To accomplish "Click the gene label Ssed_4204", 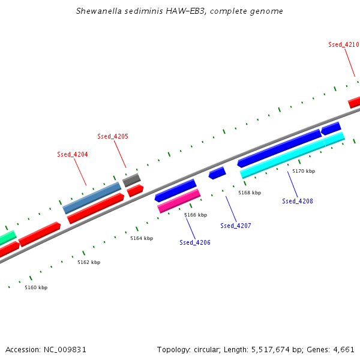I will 73,154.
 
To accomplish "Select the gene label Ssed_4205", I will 113,136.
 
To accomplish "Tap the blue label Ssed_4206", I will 195,242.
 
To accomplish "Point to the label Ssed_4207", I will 236,226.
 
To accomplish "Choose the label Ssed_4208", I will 298,201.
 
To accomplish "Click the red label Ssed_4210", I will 343,44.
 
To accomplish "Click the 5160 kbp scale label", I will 36,287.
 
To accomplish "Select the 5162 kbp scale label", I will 89,262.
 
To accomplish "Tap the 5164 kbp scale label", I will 142,238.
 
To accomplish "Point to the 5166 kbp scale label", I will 196,215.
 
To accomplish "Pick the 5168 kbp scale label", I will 250,193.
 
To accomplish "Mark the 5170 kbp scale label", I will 304,171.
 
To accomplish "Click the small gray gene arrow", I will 131,179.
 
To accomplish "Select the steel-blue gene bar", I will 92,198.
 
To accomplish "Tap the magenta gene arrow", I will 179,200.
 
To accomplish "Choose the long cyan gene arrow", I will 292,155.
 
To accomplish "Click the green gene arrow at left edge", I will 7,238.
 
